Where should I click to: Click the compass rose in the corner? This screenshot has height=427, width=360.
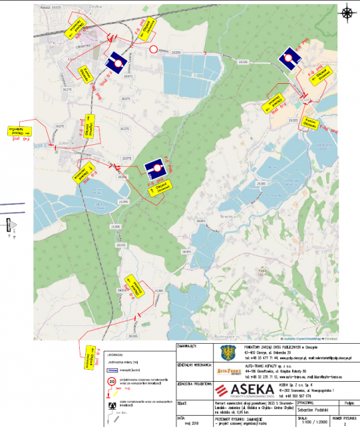347,13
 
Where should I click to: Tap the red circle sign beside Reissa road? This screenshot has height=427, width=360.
154,49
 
